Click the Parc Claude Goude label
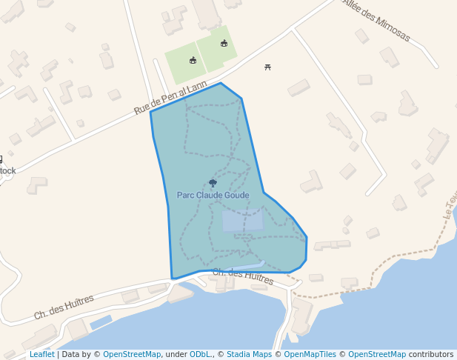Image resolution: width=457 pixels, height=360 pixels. (x=213, y=195)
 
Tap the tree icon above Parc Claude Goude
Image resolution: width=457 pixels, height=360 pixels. (x=213, y=183)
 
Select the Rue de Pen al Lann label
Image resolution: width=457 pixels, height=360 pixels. (x=170, y=98)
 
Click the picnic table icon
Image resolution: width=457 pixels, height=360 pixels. (x=267, y=67)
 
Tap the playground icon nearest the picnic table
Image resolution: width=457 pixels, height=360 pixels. (x=224, y=43)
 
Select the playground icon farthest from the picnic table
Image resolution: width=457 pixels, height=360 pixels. (x=193, y=60)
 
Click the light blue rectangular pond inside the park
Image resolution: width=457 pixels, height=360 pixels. (x=242, y=220)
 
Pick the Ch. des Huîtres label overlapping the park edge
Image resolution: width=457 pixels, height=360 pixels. (x=243, y=276)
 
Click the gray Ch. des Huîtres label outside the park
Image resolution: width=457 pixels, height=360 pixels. (x=64, y=307)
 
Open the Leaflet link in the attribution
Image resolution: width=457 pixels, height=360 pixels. (x=41, y=355)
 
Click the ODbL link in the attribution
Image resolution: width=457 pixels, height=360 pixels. (x=200, y=355)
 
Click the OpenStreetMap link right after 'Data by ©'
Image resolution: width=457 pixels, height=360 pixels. (x=131, y=355)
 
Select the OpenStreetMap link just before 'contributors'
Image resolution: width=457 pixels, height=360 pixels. (x=376, y=355)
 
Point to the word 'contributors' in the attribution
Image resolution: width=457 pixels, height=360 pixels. (x=430, y=355)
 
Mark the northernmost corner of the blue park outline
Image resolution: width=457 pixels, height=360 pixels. (x=221, y=83)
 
